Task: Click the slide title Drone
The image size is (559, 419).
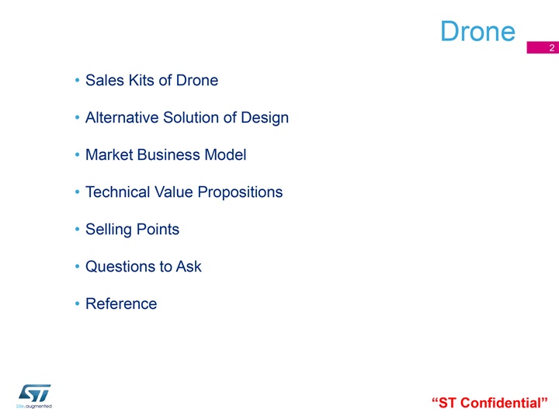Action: click(x=477, y=31)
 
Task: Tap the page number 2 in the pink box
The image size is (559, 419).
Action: click(x=551, y=48)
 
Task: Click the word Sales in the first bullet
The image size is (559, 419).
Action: click(x=105, y=80)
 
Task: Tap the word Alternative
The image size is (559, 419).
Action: click(x=122, y=118)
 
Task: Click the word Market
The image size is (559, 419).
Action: click(x=109, y=155)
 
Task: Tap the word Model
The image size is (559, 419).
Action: click(x=225, y=155)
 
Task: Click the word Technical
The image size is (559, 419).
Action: click(x=118, y=192)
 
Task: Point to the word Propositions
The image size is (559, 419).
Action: click(x=240, y=193)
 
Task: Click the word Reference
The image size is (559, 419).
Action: click(x=121, y=304)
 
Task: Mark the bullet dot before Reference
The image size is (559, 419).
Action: click(x=77, y=303)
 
